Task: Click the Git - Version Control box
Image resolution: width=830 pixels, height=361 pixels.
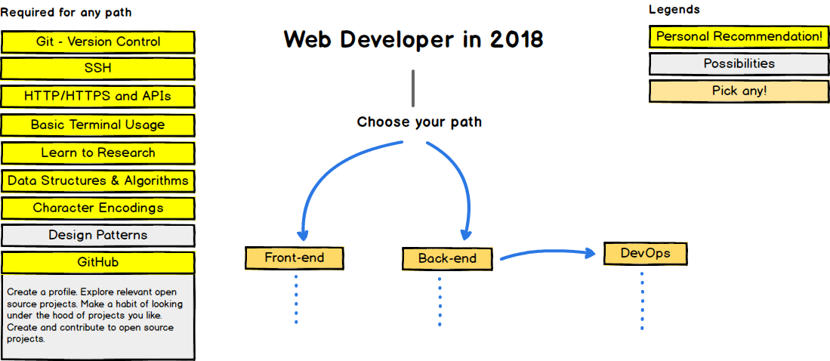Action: pos(98,42)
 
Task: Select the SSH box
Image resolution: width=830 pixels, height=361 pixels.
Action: pos(98,69)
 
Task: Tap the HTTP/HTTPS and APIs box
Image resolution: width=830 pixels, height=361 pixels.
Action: pos(98,97)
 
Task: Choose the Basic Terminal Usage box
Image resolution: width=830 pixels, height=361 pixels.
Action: pos(98,125)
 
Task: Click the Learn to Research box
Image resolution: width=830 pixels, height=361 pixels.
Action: pos(98,153)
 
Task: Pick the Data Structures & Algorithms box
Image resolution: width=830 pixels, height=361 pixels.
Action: pos(98,181)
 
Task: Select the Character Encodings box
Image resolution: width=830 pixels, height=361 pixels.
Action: pos(98,208)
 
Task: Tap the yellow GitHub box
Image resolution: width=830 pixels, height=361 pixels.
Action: pos(98,263)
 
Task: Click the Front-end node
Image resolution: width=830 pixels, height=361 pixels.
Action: pos(295,258)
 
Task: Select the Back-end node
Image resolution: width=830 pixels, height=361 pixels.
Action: pos(447,259)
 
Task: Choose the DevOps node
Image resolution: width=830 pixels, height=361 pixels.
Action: pos(645,254)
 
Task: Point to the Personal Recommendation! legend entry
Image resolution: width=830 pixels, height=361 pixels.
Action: pos(739,37)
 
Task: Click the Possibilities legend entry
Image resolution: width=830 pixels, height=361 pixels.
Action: pos(739,64)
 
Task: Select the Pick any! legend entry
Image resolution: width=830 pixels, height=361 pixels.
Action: pos(739,91)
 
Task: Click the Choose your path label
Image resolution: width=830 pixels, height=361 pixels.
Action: pos(419,122)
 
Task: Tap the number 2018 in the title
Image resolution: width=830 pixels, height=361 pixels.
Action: pos(516,40)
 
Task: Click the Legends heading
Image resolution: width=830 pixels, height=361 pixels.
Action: pos(674,10)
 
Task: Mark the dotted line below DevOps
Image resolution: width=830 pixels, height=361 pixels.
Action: pos(642,301)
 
